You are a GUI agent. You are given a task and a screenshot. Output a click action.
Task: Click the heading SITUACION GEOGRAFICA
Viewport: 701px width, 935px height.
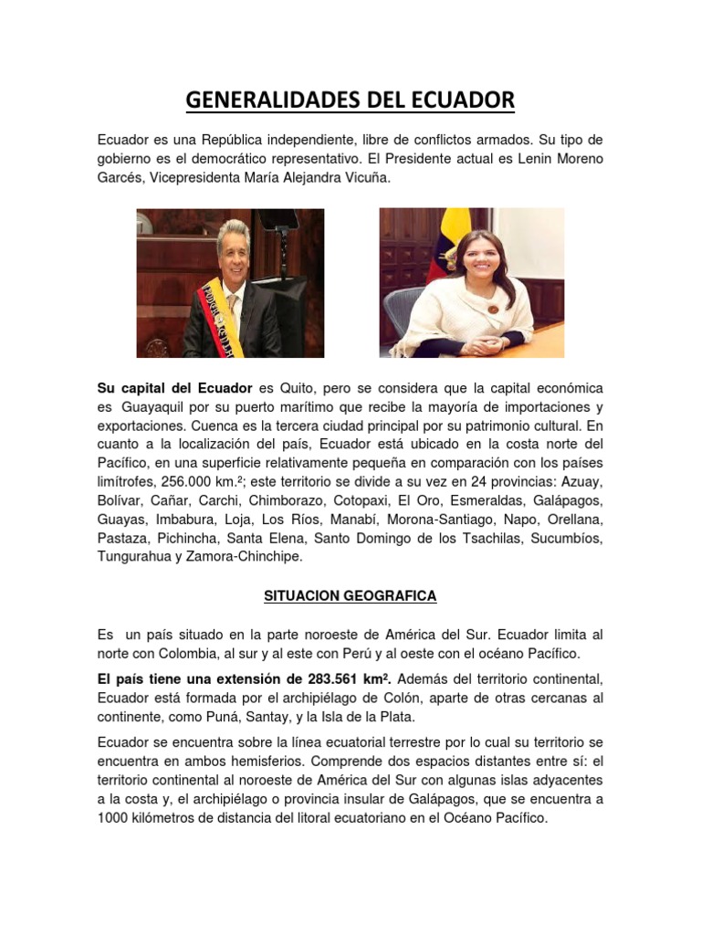coord(350,596)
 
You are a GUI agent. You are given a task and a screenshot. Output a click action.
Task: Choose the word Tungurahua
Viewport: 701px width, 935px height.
coord(132,555)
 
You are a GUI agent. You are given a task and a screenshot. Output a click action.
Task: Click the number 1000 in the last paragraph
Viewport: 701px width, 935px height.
coord(112,818)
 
